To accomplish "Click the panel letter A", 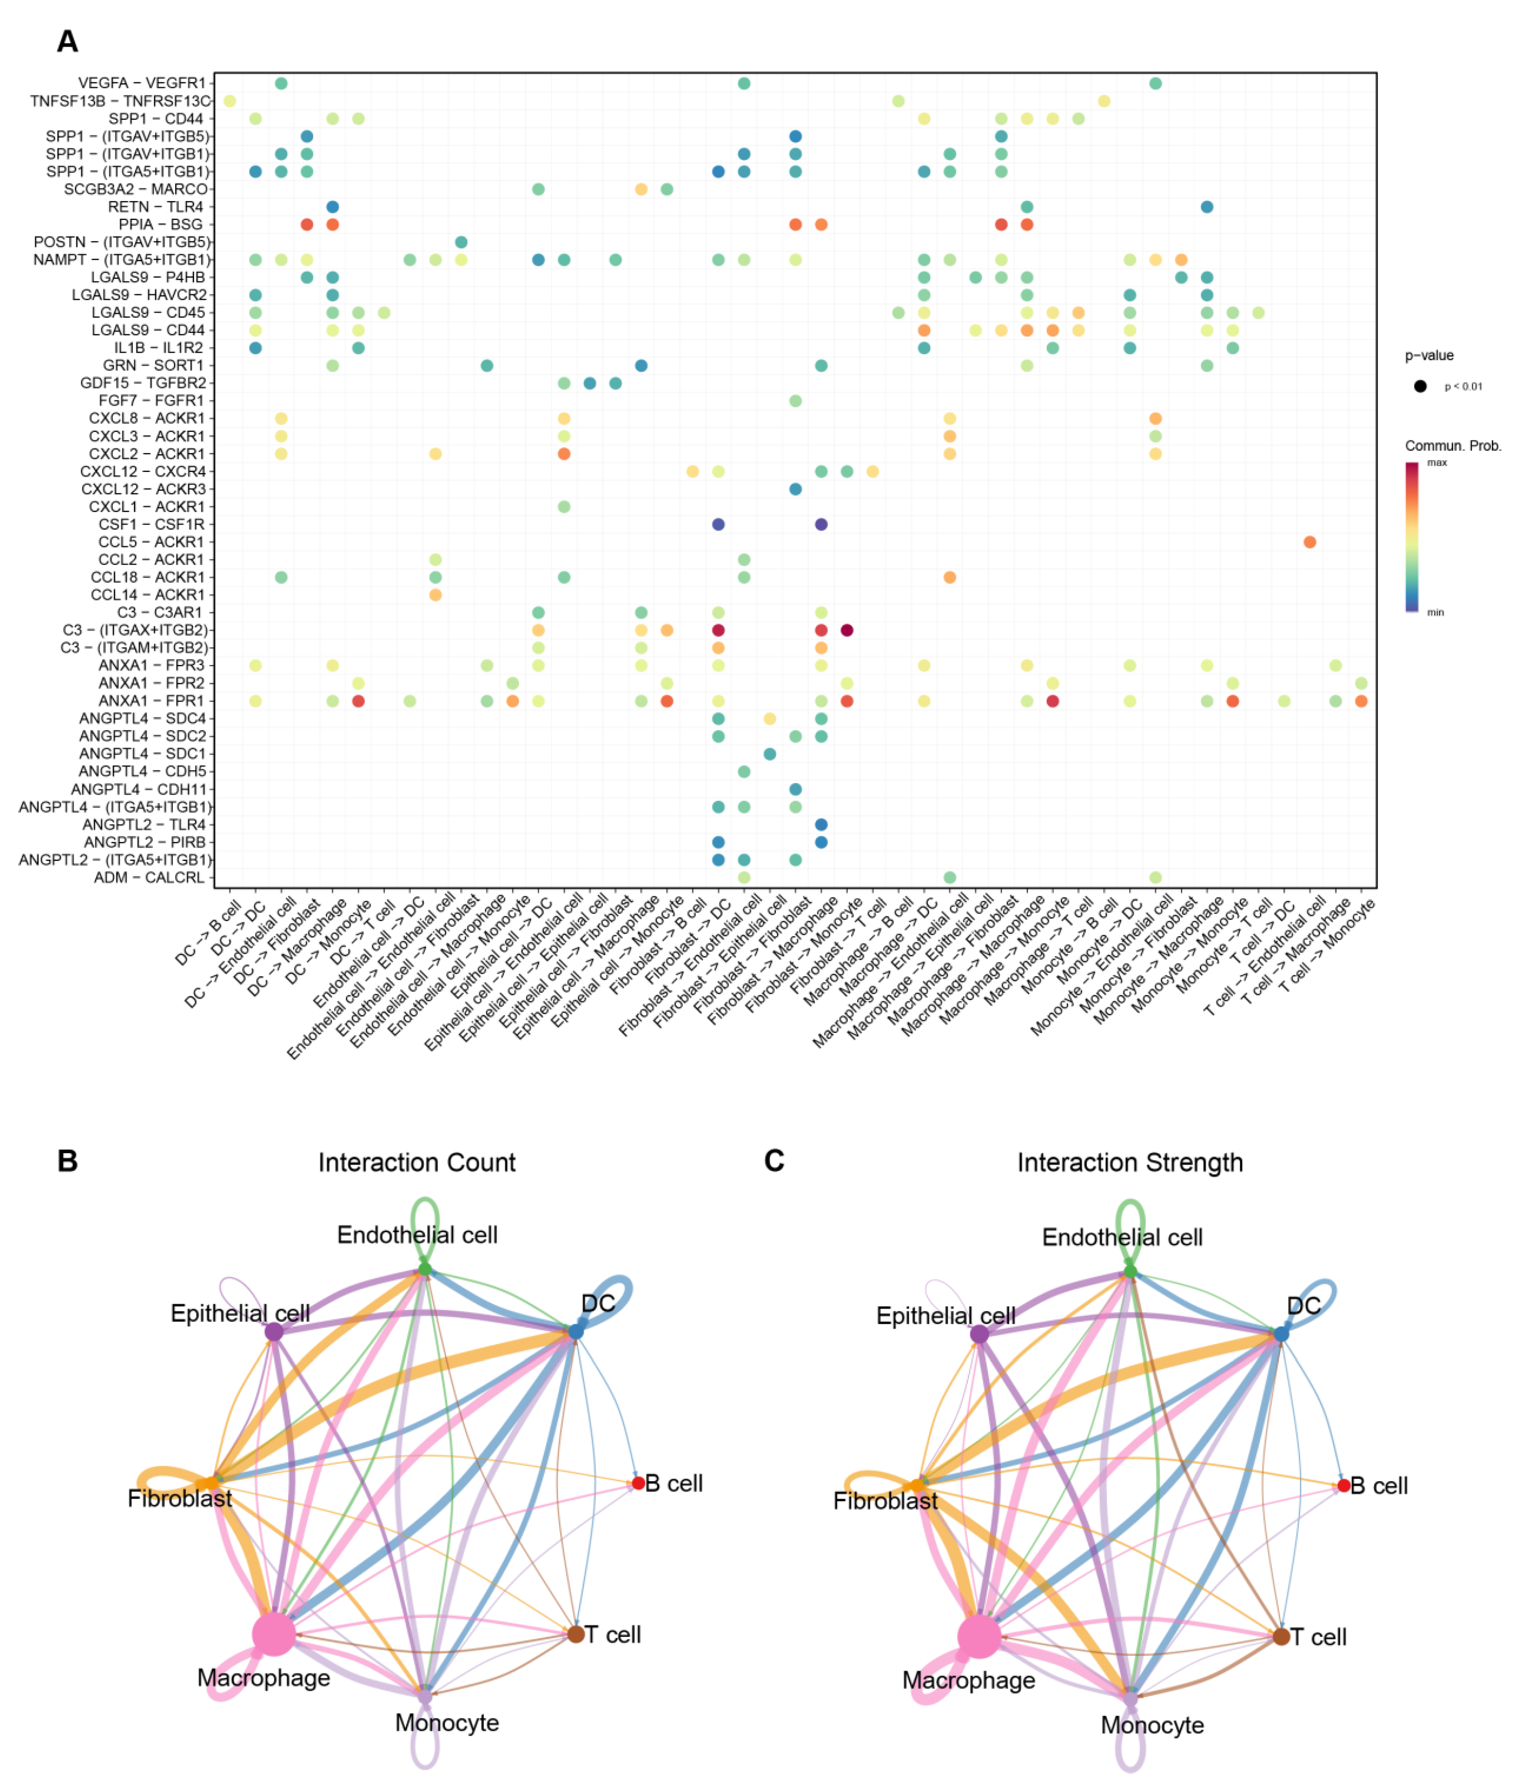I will (x=67, y=41).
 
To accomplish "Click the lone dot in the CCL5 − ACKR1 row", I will (x=1310, y=542).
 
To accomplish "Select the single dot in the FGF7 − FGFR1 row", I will (x=795, y=401).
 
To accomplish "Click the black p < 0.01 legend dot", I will (x=1420, y=386).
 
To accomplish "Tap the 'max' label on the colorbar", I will (x=1437, y=463).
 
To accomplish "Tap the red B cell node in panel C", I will (x=1344, y=1486).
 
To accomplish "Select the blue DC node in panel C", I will (x=1281, y=1334).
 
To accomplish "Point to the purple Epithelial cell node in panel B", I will (x=274, y=1332).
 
